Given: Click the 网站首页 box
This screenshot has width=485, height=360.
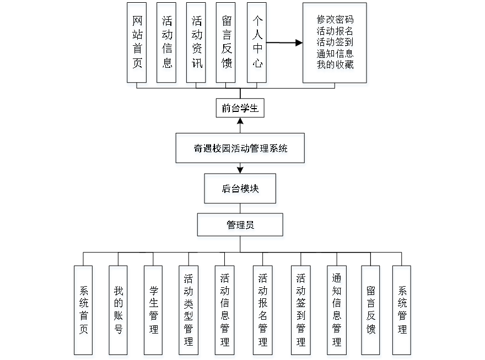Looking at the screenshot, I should click(138, 45).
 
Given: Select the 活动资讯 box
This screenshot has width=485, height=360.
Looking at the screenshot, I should click(197, 45).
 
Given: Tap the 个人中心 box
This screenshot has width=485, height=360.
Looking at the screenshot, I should click(257, 45).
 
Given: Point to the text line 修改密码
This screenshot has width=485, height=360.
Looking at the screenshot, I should click(335, 20).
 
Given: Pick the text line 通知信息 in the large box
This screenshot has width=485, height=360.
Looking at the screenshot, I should click(335, 54).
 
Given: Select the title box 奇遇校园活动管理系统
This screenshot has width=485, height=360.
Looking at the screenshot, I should click(240, 149).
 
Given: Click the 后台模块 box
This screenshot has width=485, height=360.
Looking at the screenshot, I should click(241, 190).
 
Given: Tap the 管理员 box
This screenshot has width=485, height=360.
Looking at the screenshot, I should click(241, 226).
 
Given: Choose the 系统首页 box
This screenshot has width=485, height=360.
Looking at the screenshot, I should click(84, 311).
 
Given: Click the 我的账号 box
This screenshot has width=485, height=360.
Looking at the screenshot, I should click(118, 311).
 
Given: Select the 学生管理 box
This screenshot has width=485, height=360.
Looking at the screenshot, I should click(154, 311).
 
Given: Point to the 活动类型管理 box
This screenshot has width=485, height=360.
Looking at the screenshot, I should click(189, 311).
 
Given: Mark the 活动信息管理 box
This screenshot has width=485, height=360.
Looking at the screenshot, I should click(225, 311).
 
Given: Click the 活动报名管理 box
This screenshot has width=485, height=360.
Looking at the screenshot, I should click(263, 311).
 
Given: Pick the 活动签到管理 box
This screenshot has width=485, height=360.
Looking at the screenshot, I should click(301, 311).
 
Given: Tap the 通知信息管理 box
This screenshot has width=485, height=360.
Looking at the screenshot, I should click(337, 311).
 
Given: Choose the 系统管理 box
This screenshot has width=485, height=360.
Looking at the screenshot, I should click(402, 311).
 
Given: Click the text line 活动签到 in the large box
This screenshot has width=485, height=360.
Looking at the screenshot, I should click(335, 42).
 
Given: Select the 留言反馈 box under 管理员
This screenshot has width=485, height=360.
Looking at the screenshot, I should click(371, 311).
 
